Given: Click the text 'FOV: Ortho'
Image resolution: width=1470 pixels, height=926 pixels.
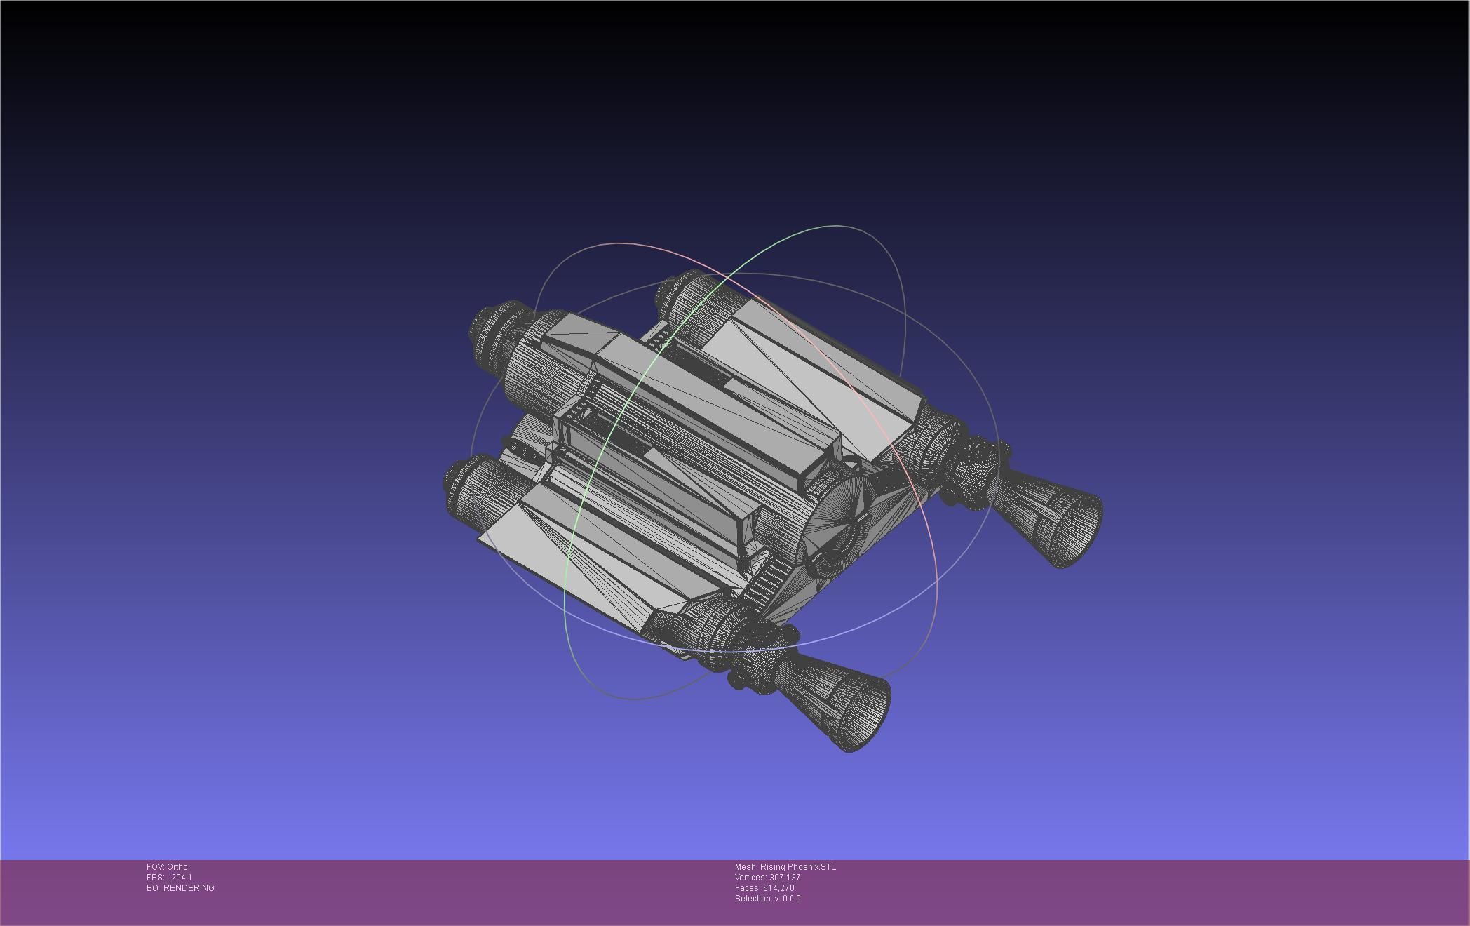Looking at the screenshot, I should (167, 867).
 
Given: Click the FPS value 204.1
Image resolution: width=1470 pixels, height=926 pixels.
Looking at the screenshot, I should (181, 878).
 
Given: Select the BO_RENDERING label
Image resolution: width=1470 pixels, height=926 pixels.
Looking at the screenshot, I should (180, 888).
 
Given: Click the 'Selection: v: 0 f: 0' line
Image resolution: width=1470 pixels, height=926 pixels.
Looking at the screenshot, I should (767, 899).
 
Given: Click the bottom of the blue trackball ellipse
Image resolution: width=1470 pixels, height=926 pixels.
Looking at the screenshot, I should (729, 652).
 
